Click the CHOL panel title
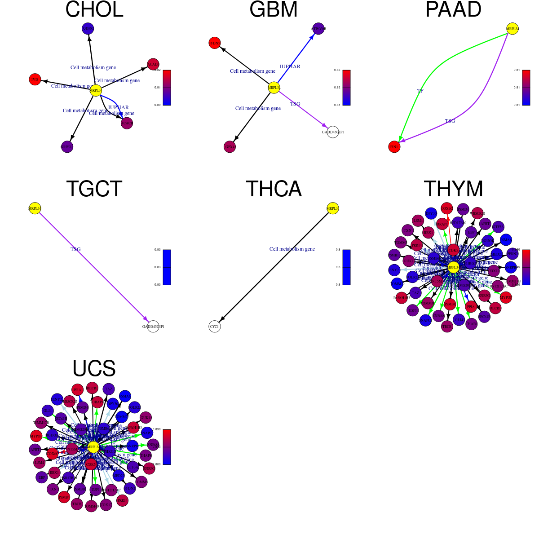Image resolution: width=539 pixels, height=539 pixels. point(94,10)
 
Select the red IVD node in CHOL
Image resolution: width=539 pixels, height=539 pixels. point(35,80)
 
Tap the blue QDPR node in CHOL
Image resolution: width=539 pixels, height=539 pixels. point(88,29)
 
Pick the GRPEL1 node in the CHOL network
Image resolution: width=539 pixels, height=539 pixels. point(67,146)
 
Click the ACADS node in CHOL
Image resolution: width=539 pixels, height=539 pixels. point(153,65)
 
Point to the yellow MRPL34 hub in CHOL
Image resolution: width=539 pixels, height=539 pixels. point(96,90)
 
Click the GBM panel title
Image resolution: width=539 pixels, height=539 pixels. point(274,10)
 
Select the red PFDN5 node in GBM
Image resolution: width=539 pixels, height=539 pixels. point(215,43)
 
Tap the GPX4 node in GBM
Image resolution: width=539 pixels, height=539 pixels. point(230,146)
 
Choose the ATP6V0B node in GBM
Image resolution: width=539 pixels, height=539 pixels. point(318,29)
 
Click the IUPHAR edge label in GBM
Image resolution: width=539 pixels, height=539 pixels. point(290,66)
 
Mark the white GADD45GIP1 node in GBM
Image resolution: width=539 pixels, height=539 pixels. point(332,132)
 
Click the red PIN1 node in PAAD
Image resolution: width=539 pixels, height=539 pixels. point(394,147)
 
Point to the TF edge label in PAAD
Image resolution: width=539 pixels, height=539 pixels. point(420,91)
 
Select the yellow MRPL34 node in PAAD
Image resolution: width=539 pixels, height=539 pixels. point(512,29)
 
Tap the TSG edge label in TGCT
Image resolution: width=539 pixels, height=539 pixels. point(75,249)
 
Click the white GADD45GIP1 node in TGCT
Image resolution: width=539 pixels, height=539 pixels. point(153,327)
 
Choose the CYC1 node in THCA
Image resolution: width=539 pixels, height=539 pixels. point(215,327)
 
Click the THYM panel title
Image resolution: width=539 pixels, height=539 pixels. point(453,189)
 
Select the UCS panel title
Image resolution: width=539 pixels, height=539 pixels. point(94,369)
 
